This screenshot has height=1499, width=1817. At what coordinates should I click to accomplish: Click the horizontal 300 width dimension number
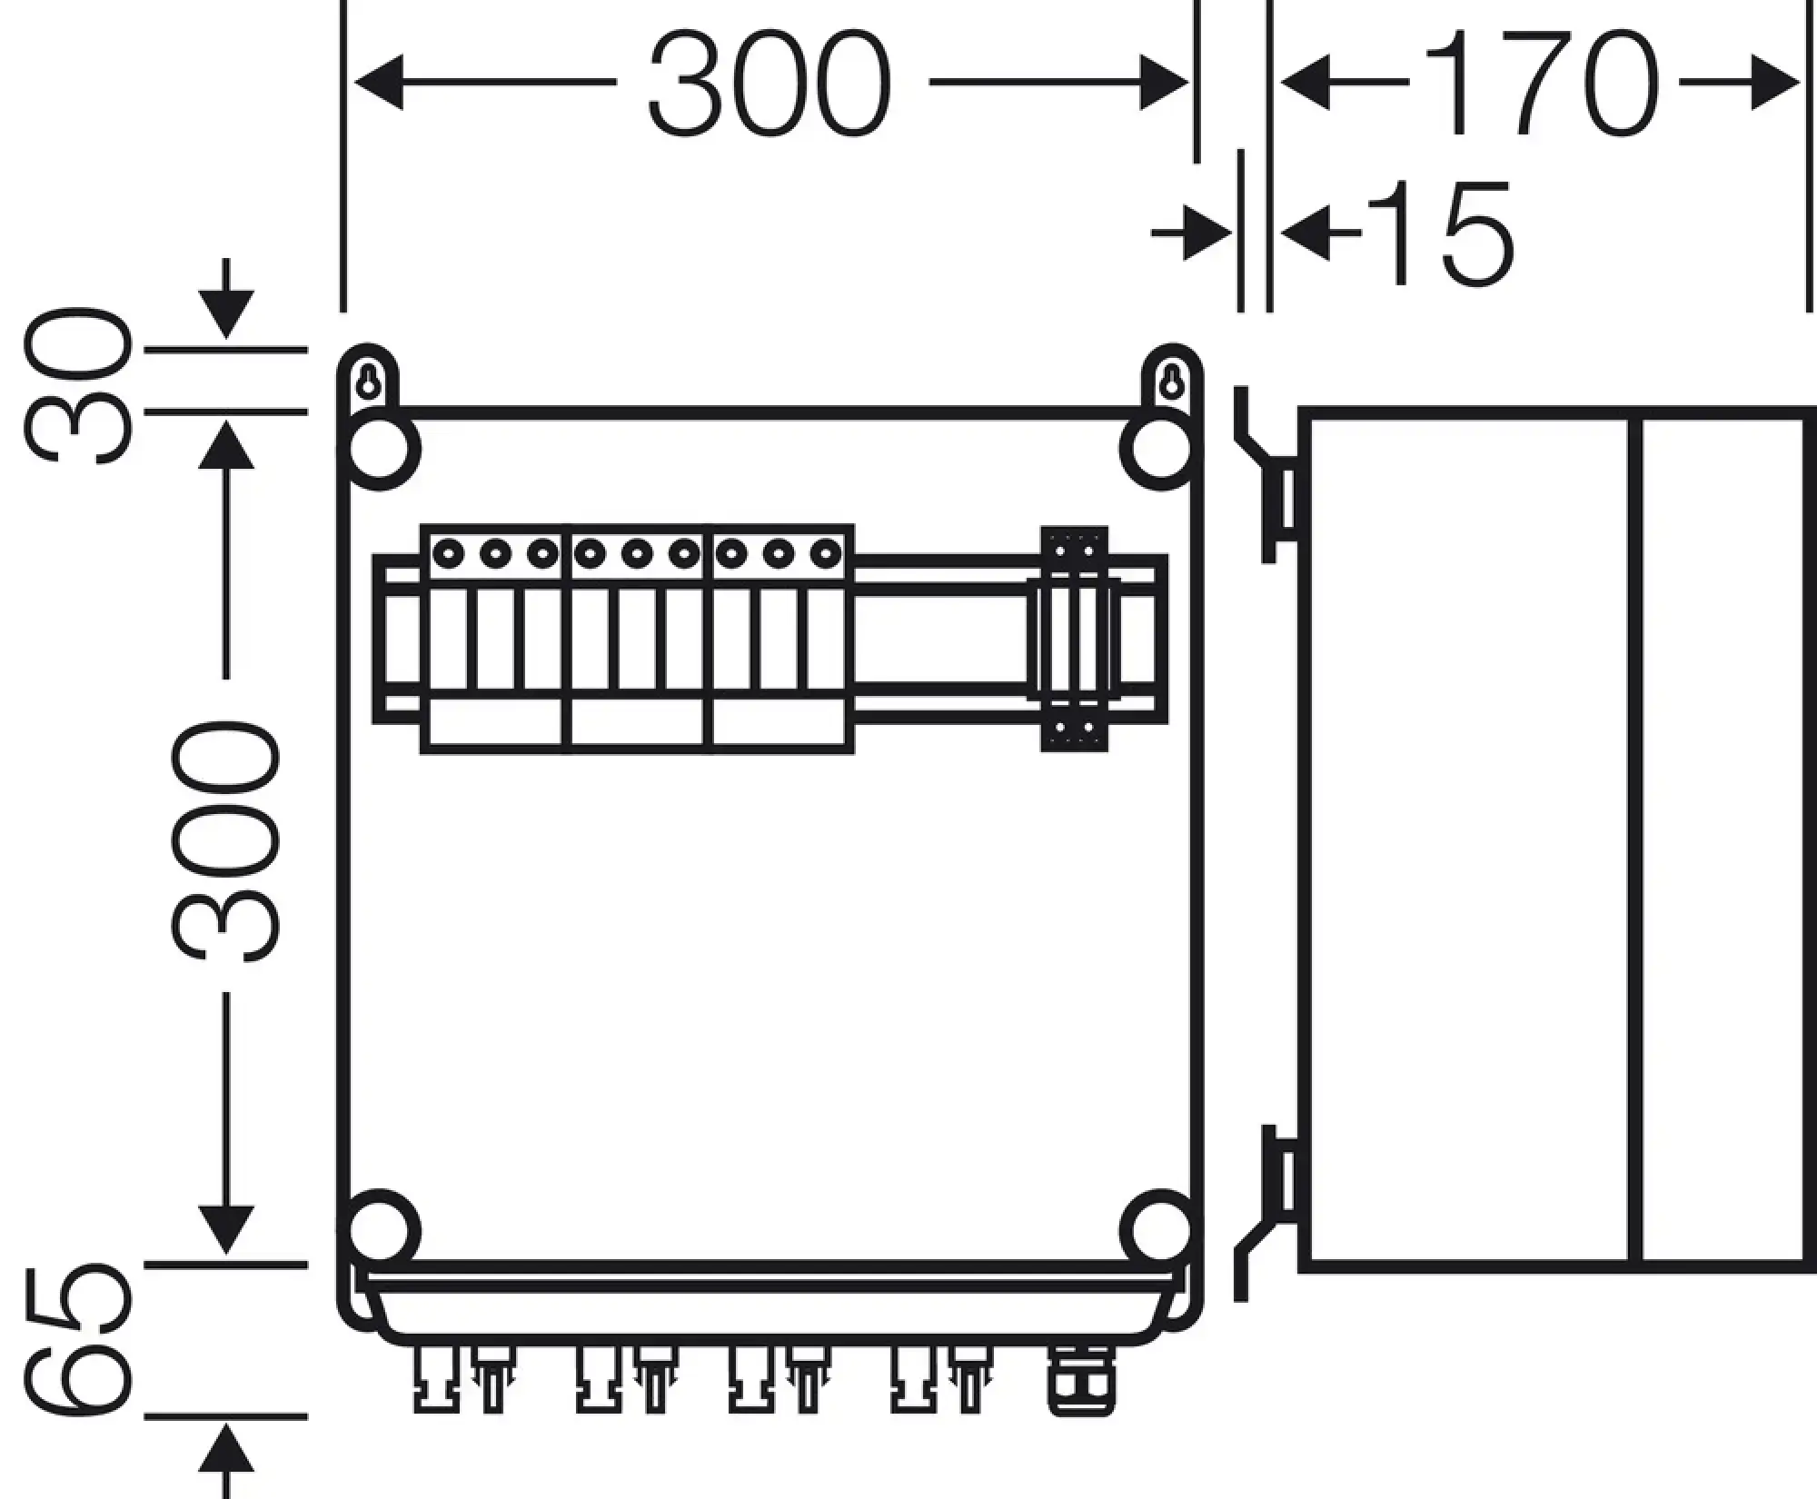click(769, 84)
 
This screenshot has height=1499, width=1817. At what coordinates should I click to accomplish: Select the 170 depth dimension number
click(1541, 84)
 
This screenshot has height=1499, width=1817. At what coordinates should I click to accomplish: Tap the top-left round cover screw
click(381, 449)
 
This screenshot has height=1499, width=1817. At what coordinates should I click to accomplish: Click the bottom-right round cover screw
click(1160, 1232)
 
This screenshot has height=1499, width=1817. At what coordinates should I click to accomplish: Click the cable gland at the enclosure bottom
click(1081, 1382)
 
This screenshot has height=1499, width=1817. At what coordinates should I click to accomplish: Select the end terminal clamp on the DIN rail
click(1074, 639)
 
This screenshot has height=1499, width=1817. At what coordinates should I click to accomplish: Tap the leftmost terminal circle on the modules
click(448, 552)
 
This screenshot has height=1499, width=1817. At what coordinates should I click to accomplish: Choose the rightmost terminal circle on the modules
click(826, 552)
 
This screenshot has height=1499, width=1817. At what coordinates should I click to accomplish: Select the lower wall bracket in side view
click(1265, 1213)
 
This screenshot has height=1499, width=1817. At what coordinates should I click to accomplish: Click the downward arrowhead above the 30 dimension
click(225, 314)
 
